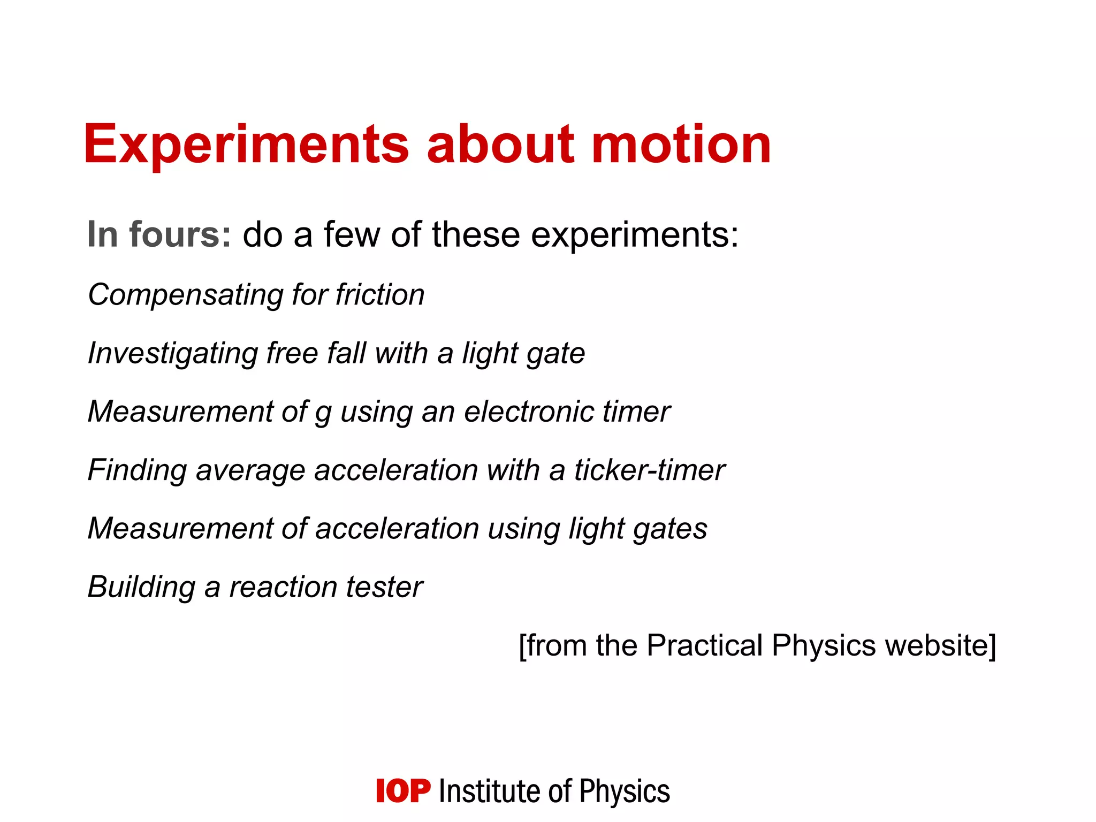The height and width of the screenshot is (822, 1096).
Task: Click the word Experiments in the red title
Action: [x=246, y=144]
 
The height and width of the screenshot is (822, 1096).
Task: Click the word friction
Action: [x=380, y=295]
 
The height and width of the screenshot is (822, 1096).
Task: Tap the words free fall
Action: [x=316, y=353]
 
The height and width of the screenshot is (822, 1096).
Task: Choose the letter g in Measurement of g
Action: [x=323, y=414]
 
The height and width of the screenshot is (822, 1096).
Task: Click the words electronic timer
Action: [x=566, y=412]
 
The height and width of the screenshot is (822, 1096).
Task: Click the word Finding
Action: [x=137, y=471]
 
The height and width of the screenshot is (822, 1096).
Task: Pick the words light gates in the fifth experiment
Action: [x=637, y=529]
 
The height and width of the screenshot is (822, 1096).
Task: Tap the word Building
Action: [x=141, y=587]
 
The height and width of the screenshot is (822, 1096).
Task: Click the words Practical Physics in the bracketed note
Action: [x=762, y=645]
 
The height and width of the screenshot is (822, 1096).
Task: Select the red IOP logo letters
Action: [x=403, y=791]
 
